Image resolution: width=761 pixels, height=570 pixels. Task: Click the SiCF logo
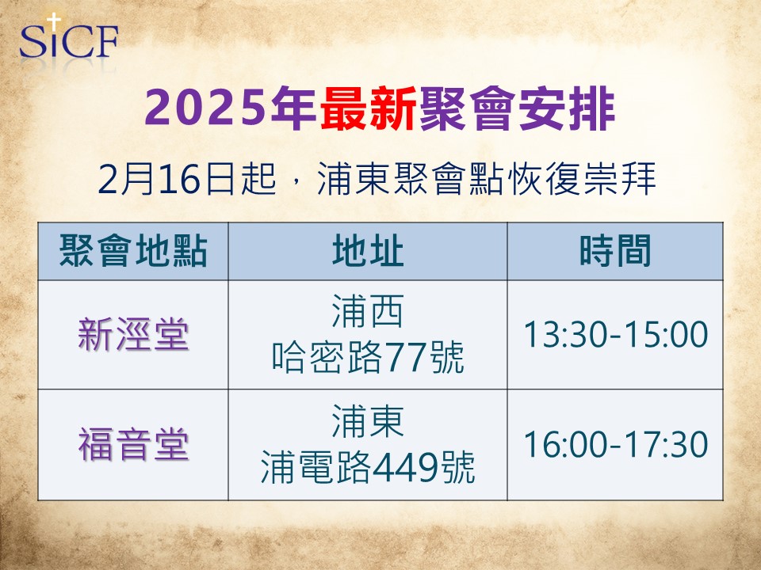coord(68,38)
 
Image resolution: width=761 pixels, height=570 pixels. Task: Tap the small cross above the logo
coord(53,21)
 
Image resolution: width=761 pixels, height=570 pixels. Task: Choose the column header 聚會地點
coord(133,251)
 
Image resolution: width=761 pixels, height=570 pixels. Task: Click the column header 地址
coord(367,251)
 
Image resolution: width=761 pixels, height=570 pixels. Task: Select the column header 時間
coord(615,251)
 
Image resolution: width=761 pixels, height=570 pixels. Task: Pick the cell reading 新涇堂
coord(133,334)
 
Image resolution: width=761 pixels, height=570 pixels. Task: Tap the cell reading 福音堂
coord(133,444)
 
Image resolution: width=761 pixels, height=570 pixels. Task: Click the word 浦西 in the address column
coord(367,311)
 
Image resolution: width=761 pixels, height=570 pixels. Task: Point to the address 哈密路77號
coord(367,357)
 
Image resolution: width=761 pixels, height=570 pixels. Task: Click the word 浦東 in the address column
coord(367,420)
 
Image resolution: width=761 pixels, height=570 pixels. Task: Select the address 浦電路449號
coord(367,467)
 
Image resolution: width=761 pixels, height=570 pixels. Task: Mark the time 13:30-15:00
coord(615,334)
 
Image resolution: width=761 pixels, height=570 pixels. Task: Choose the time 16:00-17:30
coord(615,444)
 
